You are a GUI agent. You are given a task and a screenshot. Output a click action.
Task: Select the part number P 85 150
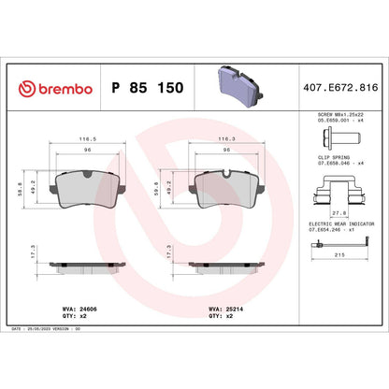tap(147, 88)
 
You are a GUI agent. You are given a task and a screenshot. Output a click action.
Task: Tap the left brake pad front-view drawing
tap(84, 192)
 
